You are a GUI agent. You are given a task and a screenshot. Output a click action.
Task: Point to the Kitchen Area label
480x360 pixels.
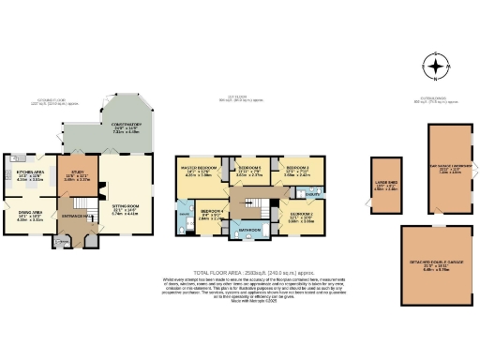32,174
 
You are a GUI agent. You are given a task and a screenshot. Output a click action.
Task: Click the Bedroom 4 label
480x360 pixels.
211,213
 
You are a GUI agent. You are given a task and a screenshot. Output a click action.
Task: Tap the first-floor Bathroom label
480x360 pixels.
249,229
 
